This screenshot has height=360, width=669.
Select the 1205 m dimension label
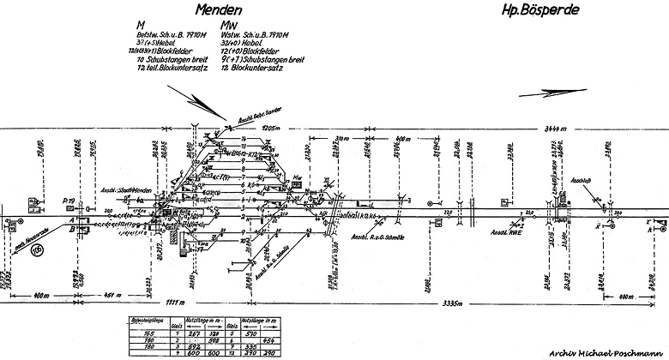[x=272, y=127]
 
